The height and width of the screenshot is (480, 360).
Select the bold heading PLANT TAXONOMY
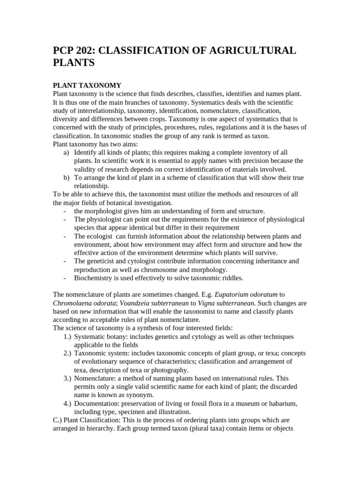(x=87, y=85)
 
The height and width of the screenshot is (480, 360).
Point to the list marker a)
(x=66, y=152)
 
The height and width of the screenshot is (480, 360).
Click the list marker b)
(x=66, y=178)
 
